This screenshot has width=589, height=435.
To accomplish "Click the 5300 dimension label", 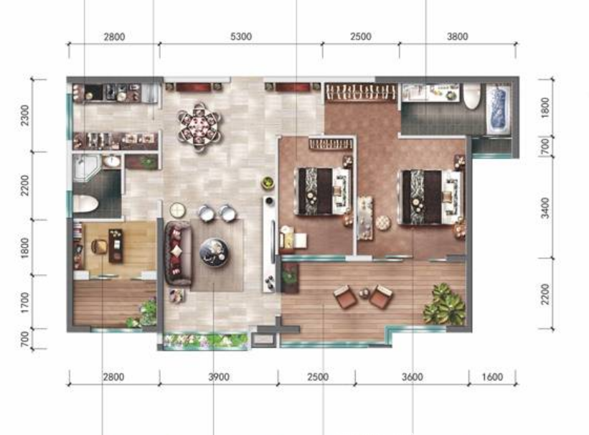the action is tap(241, 37).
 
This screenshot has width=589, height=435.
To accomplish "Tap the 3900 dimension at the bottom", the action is tap(219, 377).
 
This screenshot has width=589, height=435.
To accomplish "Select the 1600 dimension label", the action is tap(492, 377).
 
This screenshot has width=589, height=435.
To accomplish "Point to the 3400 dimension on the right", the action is tap(545, 207).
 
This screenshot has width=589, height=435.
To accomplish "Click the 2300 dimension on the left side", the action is tap(24, 115).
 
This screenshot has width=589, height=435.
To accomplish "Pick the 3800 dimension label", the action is tap(458, 37).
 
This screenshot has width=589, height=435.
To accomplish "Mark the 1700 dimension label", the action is tap(24, 302).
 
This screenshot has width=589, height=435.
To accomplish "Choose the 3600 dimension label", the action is tap(412, 377).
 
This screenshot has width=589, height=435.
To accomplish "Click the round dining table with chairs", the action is tap(200, 126).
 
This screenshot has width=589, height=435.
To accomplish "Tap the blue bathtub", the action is tap(499, 109).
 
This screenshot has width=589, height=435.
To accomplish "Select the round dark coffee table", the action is tap(214, 253).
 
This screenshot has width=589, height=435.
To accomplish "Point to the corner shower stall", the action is tap(86, 168).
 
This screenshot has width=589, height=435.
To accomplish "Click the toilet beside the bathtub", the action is tap(472, 96).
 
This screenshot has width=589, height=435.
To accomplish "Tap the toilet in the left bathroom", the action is tap(85, 204).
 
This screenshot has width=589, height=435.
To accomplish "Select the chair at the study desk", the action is tap(99, 247).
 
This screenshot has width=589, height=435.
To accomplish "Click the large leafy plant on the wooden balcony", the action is tap(445, 304).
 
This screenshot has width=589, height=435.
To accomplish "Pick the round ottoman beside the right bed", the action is tap(383, 223).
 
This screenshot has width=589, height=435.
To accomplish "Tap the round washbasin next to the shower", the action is tap(112, 162).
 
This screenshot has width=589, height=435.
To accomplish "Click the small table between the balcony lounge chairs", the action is tap(364, 294).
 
